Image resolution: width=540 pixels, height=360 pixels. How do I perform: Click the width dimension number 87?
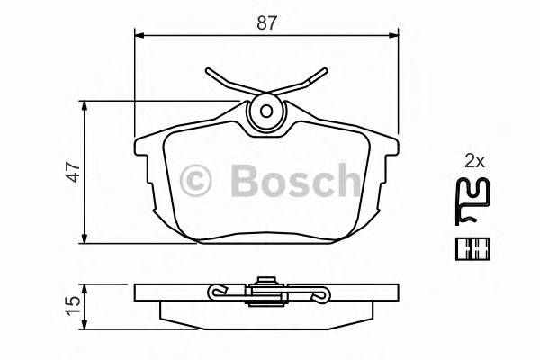coord(266,24)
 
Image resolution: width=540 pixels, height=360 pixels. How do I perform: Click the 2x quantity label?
coord(474,162)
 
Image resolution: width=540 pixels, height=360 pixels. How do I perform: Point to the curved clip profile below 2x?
coord(473,202)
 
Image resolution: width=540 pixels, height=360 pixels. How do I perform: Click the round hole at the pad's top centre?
coord(266,112)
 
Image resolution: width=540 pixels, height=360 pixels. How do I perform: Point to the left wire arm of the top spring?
coord(229,83)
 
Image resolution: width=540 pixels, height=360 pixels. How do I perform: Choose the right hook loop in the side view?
coord(317,294)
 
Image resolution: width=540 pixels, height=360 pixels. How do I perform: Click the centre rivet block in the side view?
coord(266,288)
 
